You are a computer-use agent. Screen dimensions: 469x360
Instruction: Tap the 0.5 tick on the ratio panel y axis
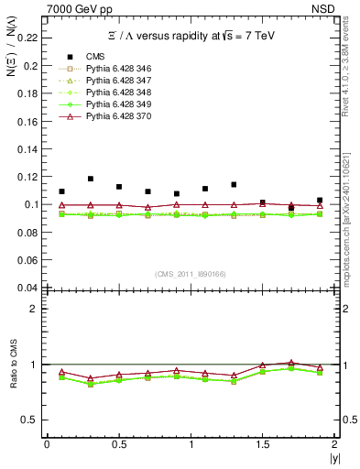33,420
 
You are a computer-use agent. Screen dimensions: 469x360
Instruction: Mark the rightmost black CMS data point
320,200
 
